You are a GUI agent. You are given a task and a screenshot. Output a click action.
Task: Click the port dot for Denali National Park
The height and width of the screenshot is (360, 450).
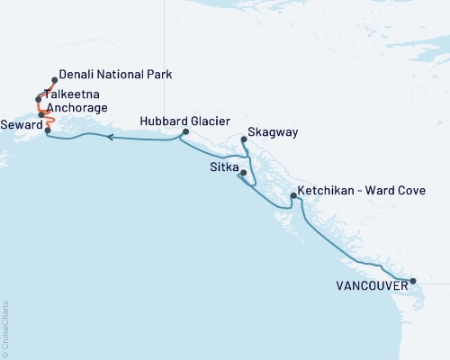pyautogui.click(x=55, y=79)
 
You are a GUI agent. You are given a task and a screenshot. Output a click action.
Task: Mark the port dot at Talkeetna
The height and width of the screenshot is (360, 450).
pyautogui.click(x=39, y=99)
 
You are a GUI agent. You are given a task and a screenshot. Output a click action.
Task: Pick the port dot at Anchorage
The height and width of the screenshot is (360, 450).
pyautogui.click(x=41, y=114)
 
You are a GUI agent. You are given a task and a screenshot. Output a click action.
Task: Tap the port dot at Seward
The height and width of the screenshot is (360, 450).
pyautogui.click(x=48, y=130)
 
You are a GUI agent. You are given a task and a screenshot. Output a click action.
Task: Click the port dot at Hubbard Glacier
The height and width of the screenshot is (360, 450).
pyautogui.click(x=185, y=132)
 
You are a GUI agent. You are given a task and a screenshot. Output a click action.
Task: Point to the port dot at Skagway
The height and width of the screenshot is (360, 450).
pyautogui.click(x=245, y=139)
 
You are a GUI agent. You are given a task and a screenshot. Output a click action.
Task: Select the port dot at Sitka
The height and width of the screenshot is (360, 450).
pyautogui.click(x=243, y=172)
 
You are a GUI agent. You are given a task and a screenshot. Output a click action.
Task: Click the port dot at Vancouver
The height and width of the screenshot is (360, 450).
pyautogui.click(x=413, y=281)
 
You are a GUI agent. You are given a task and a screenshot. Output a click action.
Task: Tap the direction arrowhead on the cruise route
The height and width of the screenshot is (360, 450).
pyautogui.click(x=110, y=138)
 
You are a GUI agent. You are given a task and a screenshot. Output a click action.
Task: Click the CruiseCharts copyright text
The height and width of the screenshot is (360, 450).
pyautogui.click(x=5, y=328)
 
